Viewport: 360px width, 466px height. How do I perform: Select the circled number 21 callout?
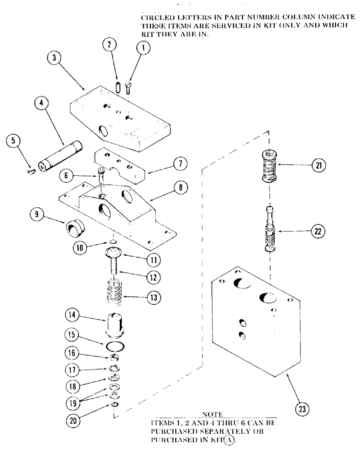click(319, 165)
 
